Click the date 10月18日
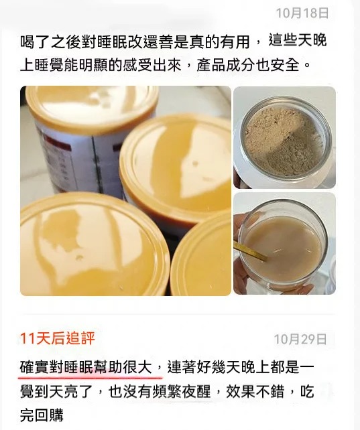[302, 13]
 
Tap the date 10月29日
[300, 339]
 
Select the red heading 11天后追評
[58, 338]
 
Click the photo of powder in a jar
[284, 137]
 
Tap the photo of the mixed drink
[284, 244]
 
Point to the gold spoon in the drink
[250, 251]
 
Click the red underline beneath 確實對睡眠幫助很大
[91, 377]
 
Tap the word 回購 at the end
[50, 415]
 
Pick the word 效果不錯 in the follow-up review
[255, 391]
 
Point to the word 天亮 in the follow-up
[64, 391]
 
